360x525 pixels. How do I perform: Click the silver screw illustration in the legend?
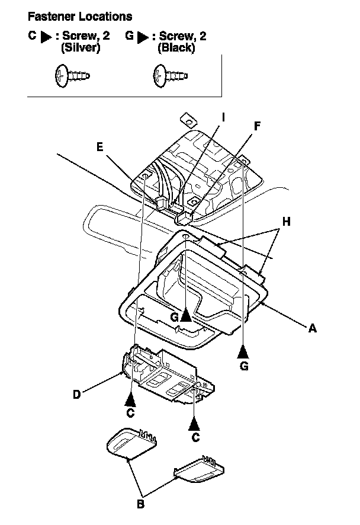point(70,76)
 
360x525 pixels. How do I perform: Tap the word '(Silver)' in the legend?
point(81,49)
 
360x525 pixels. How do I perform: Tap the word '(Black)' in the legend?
point(176,49)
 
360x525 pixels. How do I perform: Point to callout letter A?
point(312,328)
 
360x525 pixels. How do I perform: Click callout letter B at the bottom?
point(140,504)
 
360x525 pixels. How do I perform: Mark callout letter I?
point(223,117)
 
